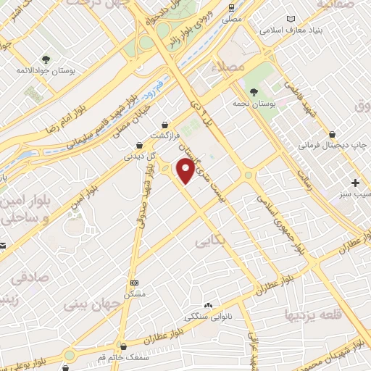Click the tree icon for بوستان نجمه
point(254,91)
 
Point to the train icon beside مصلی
point(231,8)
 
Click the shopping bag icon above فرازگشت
point(167,125)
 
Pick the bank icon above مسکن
point(134,282)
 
